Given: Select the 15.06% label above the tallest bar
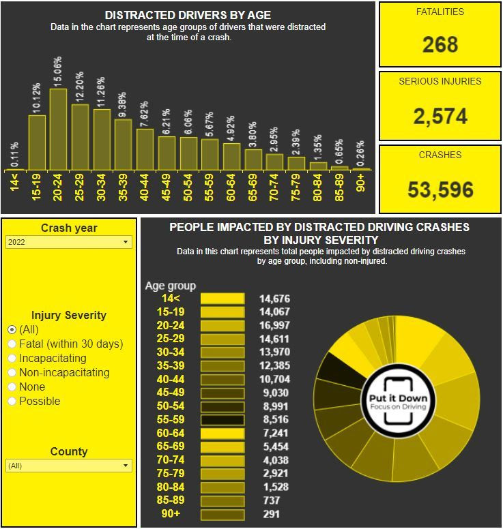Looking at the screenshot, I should [x=58, y=72].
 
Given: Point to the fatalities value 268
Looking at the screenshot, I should [x=440, y=45].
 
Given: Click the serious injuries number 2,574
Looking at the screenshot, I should [x=440, y=116].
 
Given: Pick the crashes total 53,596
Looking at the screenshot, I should [x=440, y=189].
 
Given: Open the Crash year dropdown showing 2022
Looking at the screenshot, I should [x=68, y=242].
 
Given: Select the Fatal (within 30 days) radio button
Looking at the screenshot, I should [x=12, y=344].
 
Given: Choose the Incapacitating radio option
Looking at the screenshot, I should [x=12, y=359].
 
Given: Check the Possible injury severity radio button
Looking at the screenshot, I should [x=12, y=402].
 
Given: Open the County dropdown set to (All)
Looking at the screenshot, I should [x=68, y=466].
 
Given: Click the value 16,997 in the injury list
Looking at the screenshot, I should [x=274, y=326].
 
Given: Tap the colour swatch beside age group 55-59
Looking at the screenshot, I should [x=222, y=420].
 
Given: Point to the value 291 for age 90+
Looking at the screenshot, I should [x=272, y=514].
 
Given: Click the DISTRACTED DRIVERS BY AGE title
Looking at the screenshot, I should [x=188, y=15].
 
